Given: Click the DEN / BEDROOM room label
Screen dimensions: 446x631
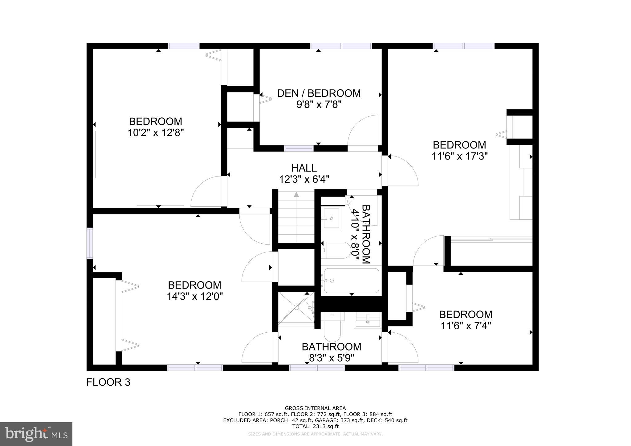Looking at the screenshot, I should [x=319, y=93].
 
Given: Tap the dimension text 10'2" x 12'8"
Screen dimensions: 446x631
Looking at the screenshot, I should [x=156, y=133].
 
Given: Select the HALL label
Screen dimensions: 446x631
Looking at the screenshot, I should [x=304, y=168].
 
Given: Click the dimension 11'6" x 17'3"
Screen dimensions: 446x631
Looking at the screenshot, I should [x=459, y=156].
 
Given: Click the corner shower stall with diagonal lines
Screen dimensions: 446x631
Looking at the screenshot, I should [x=296, y=308].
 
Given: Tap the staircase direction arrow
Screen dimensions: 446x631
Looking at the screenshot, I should [x=296, y=194].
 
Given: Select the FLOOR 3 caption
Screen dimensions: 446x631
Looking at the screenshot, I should [x=108, y=382].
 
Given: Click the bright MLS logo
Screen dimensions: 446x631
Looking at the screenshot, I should [x=36, y=434].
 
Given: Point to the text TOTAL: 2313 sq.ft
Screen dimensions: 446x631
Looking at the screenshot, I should [x=315, y=426].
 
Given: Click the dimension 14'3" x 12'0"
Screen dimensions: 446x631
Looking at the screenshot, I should [x=194, y=296].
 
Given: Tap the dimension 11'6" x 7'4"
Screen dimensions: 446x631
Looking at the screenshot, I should [x=466, y=326].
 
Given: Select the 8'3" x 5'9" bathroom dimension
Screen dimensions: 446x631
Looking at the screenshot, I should [x=331, y=358].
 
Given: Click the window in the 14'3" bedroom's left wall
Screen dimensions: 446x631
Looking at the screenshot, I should [x=90, y=243].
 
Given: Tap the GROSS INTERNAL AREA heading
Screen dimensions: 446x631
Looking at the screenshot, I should [x=315, y=408].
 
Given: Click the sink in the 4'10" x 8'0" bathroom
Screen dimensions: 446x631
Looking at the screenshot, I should [x=331, y=218].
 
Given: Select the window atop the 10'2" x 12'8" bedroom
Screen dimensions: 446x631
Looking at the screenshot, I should [x=184, y=46].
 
